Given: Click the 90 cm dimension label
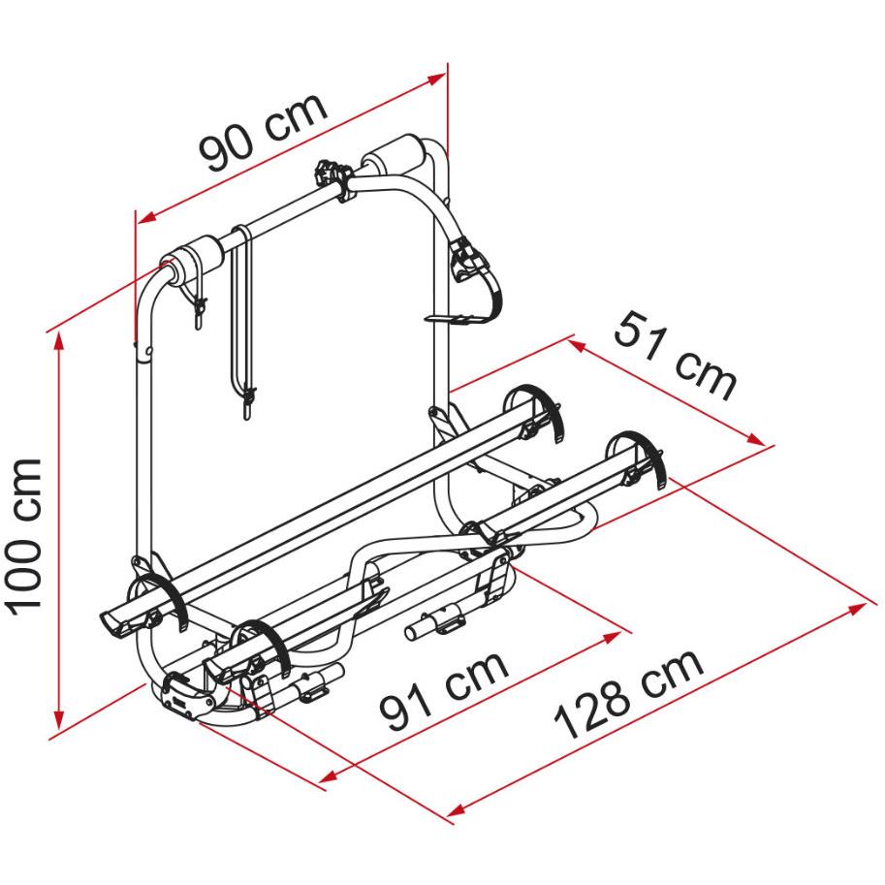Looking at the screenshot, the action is [x=263, y=132].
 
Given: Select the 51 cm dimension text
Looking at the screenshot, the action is [x=675, y=356].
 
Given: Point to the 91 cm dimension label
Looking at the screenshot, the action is [x=444, y=690].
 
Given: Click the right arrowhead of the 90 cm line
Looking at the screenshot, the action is [x=437, y=79].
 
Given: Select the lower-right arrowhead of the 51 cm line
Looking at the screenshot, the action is [x=756, y=438].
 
